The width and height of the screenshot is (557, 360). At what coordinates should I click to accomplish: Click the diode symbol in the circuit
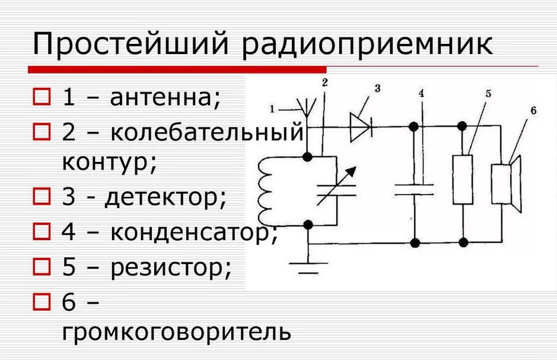(x=360, y=126)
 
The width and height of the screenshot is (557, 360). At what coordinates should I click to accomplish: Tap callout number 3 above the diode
(x=377, y=88)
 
